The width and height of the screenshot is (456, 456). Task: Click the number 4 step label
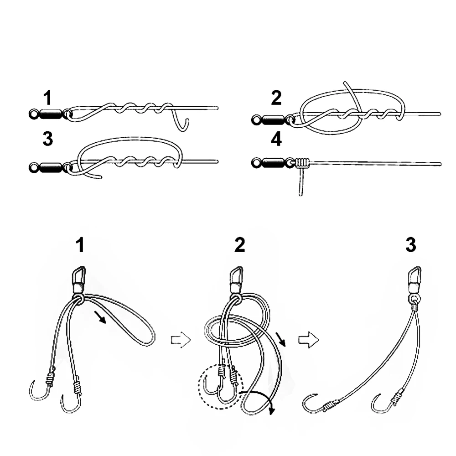[x=276, y=140]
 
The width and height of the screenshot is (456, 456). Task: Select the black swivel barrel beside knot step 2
[x=273, y=120]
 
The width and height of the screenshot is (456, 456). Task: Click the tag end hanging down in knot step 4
[x=301, y=182]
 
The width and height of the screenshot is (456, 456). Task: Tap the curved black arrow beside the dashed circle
[x=260, y=399]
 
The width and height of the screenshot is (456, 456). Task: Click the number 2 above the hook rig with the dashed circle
[x=239, y=245]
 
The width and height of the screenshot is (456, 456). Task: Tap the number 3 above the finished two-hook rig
[x=410, y=245]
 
